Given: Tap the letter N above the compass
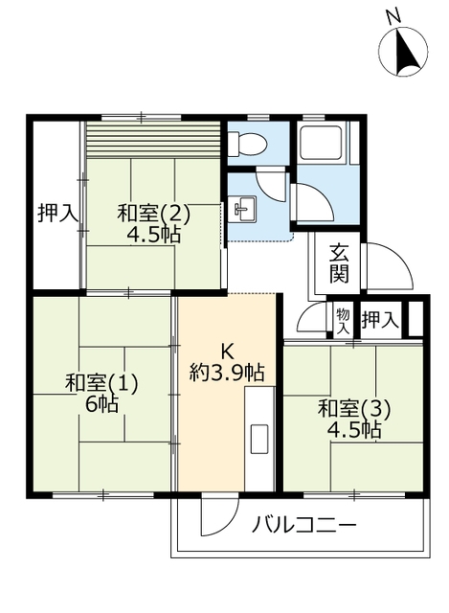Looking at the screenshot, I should click(392, 14).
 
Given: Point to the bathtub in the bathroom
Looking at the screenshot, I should click(325, 144).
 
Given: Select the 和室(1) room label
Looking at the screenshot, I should click(101, 383).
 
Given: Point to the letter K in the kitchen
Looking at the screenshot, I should click(226, 351).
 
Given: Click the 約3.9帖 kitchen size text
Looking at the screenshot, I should click(226, 373).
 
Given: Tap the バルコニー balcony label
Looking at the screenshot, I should click(304, 525).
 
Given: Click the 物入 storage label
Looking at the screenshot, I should click(341, 319).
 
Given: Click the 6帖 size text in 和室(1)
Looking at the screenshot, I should click(101, 404).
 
